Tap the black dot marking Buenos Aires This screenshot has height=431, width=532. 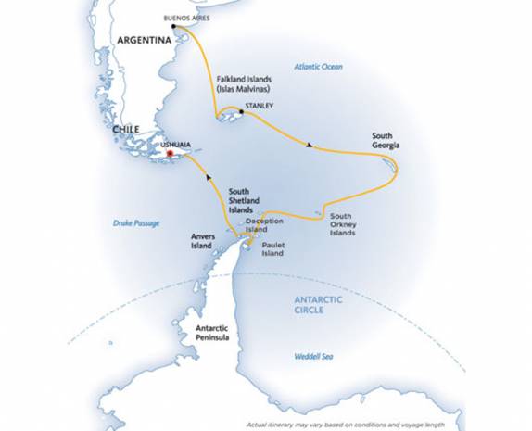coord(174,26)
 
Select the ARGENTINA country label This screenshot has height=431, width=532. coord(145,41)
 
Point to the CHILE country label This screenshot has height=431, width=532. coord(125,131)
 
